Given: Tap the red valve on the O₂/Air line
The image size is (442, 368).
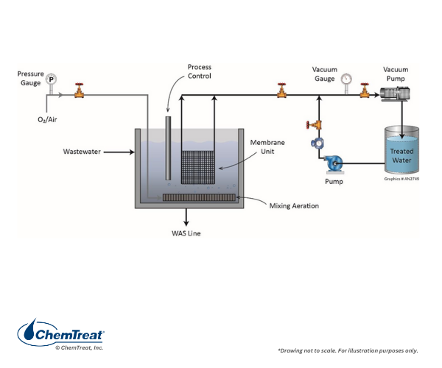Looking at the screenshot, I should [x=79, y=92].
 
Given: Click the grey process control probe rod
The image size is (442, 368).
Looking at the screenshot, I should [x=168, y=147].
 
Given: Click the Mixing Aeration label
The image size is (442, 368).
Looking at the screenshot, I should [x=294, y=205].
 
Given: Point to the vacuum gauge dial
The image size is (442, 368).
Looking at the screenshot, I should [x=346, y=79].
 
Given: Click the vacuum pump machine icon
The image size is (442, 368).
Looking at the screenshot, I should [x=397, y=93].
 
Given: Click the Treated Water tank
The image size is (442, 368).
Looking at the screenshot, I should [x=402, y=151].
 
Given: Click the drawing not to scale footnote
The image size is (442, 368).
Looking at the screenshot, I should [x=348, y=350].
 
